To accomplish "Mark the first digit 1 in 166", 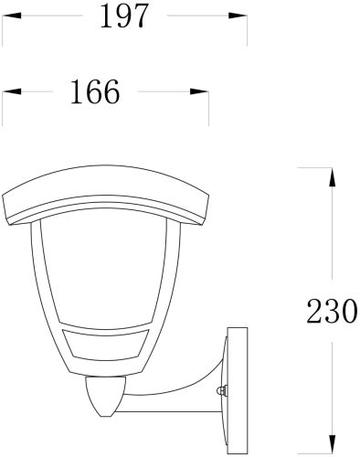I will tap(74, 92).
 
